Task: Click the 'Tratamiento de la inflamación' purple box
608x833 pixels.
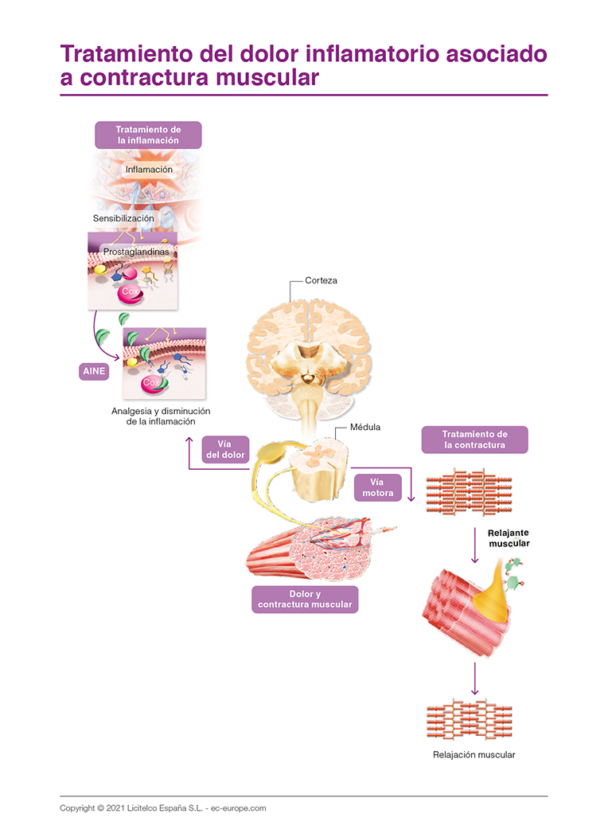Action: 148,135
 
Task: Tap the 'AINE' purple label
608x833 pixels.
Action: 93,371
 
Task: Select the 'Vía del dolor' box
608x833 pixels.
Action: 224,450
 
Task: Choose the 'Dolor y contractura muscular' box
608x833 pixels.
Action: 305,600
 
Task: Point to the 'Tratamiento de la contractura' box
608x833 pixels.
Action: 474,440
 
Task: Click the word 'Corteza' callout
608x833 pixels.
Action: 321,280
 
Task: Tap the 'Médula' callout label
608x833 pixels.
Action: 365,427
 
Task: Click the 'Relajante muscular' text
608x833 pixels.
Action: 508,538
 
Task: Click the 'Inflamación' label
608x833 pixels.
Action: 149,170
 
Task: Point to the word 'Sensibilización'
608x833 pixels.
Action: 123,217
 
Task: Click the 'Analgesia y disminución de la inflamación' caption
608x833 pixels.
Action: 161,416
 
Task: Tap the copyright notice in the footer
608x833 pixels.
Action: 162,808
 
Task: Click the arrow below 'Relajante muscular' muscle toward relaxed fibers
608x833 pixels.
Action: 475,678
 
